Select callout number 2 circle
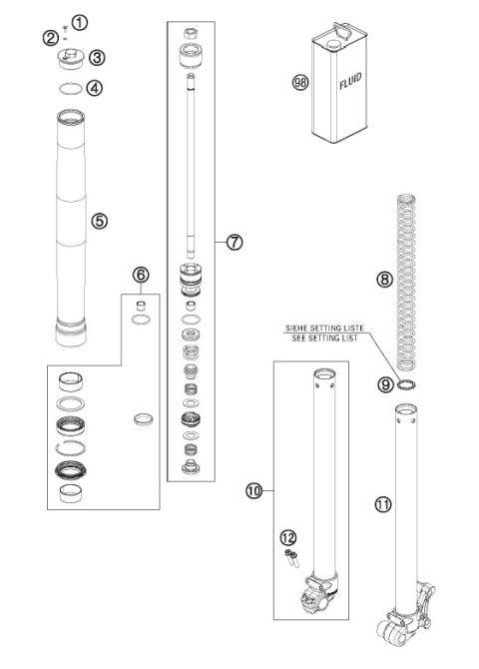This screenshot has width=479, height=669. click(x=50, y=38)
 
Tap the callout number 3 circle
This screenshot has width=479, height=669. click(x=97, y=57)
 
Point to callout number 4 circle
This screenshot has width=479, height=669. click(x=96, y=88)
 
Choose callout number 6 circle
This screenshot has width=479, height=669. click(x=141, y=274)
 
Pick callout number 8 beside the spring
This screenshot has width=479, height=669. click(x=384, y=282)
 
